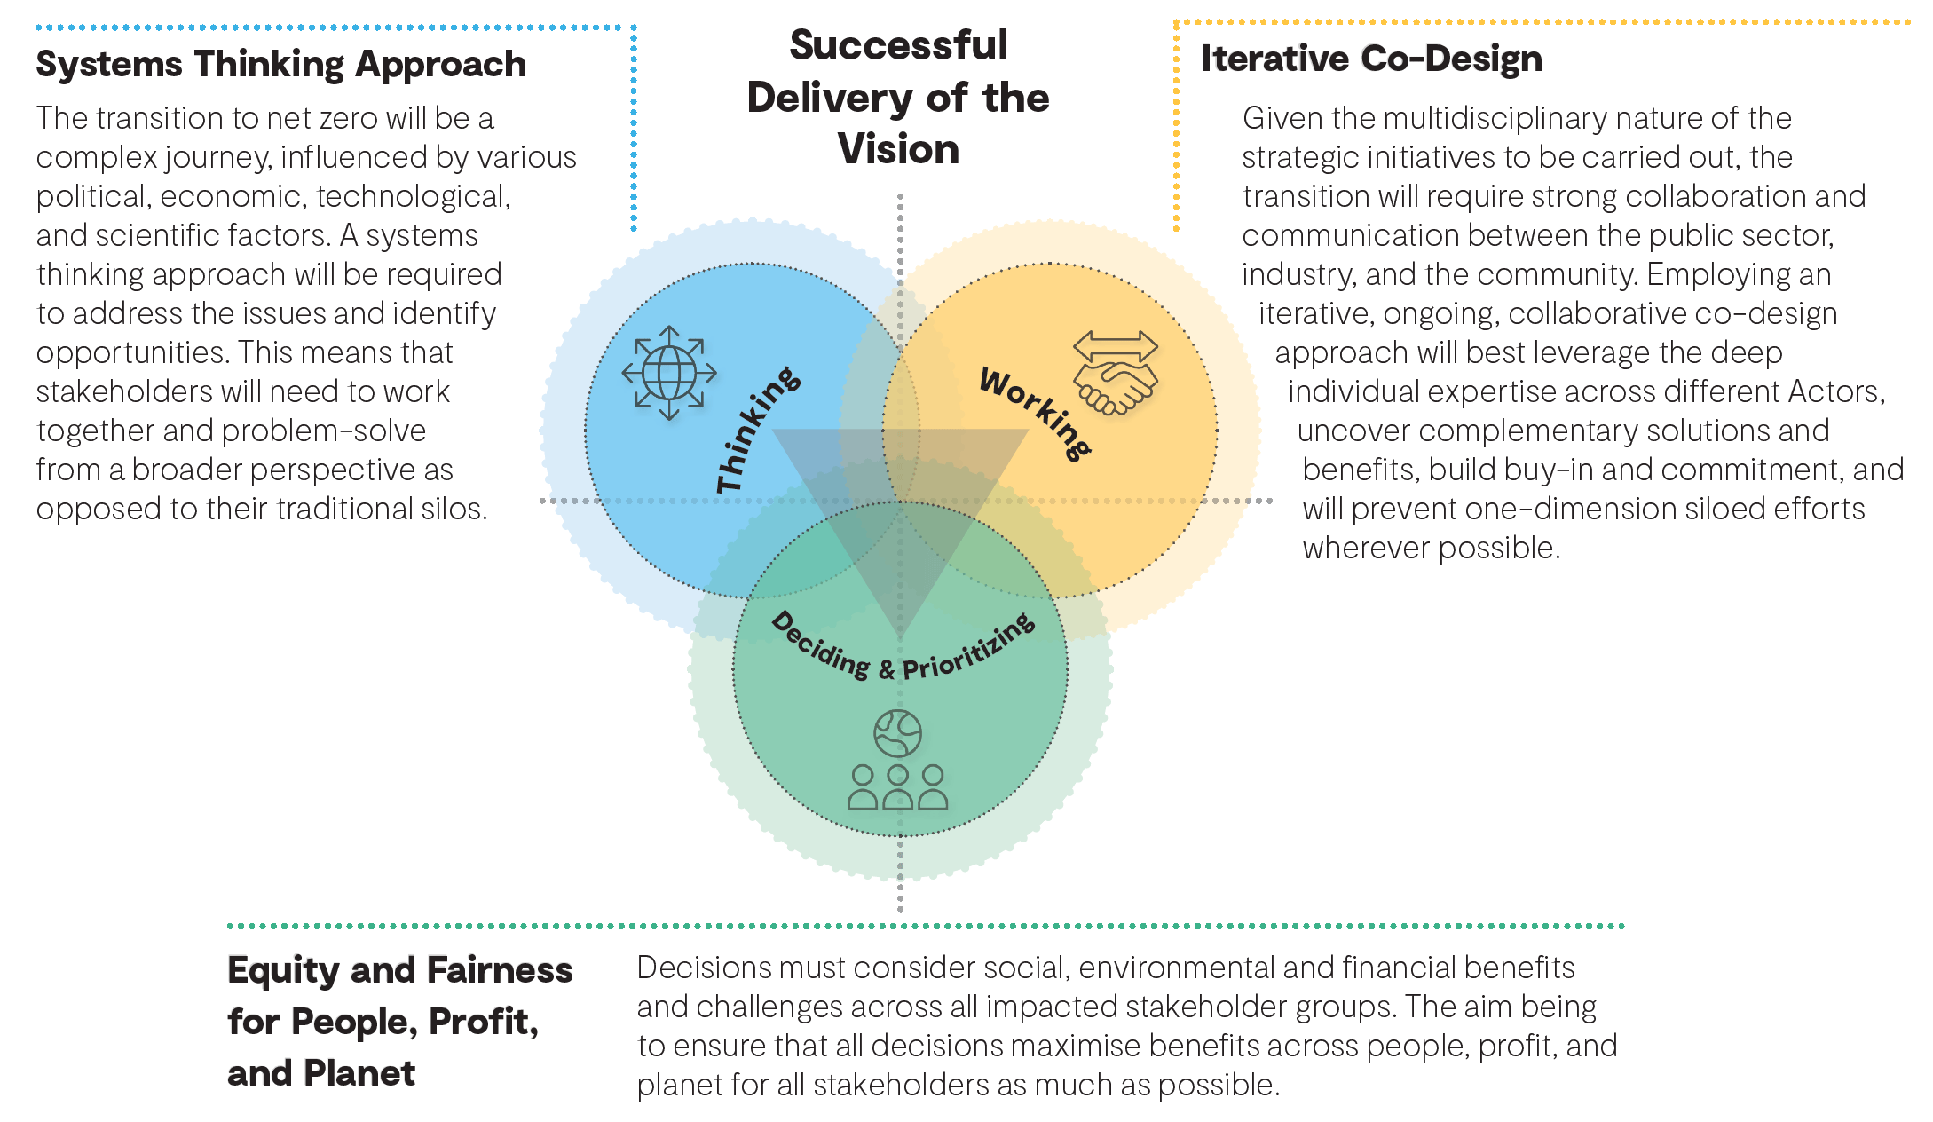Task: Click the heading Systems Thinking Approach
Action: [280, 65]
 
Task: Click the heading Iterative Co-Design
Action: [1371, 59]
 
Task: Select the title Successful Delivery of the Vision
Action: [898, 98]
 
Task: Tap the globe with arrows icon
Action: [669, 373]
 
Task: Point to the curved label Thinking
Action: [757, 430]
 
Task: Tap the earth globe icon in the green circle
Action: [897, 733]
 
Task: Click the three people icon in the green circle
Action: [897, 787]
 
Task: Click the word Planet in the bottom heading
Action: [359, 1074]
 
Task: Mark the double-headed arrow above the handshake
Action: [1115, 344]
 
